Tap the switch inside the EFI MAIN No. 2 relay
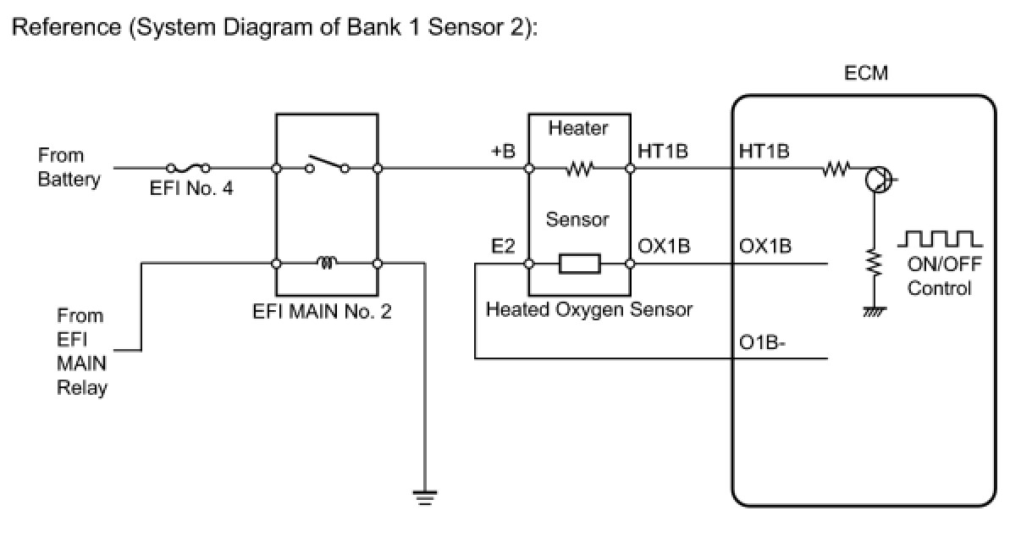click(x=327, y=164)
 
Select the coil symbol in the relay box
click(x=327, y=263)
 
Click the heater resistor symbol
click(x=580, y=168)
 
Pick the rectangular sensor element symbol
click(x=580, y=264)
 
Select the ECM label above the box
click(x=866, y=74)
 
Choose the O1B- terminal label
click(x=763, y=344)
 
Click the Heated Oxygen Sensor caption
click(x=588, y=310)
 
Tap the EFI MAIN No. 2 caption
click(x=323, y=312)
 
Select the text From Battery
click(x=69, y=167)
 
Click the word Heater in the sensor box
click(x=578, y=129)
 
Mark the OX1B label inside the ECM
click(x=764, y=247)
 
